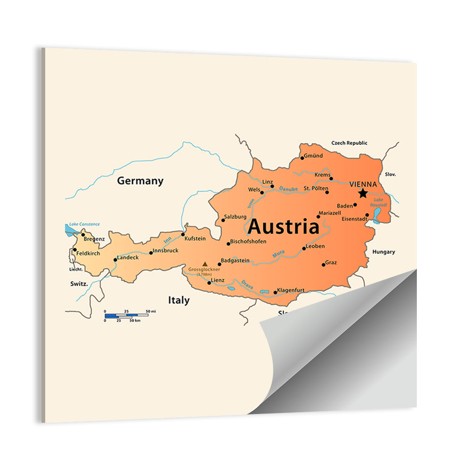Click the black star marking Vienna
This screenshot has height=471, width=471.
pos(363,193)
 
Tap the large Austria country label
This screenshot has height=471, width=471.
pos(284,227)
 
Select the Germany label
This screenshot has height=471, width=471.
pos(140,181)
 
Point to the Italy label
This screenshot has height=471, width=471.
pos(179,300)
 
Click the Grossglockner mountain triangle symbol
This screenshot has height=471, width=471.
pos(204,264)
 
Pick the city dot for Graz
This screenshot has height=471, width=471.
pos(324,264)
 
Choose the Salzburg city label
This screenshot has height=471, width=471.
pos(235,217)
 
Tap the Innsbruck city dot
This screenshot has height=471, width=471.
pos(151,252)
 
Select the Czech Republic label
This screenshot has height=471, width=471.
pos(349,143)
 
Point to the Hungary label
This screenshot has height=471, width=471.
pos(384,252)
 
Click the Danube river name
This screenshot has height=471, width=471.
pos(288,189)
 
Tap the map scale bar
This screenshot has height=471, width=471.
pos(126,315)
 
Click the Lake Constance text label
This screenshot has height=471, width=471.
pos(84,224)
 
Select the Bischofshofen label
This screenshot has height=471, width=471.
pos(249,241)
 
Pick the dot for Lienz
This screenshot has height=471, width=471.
pos(209,283)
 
